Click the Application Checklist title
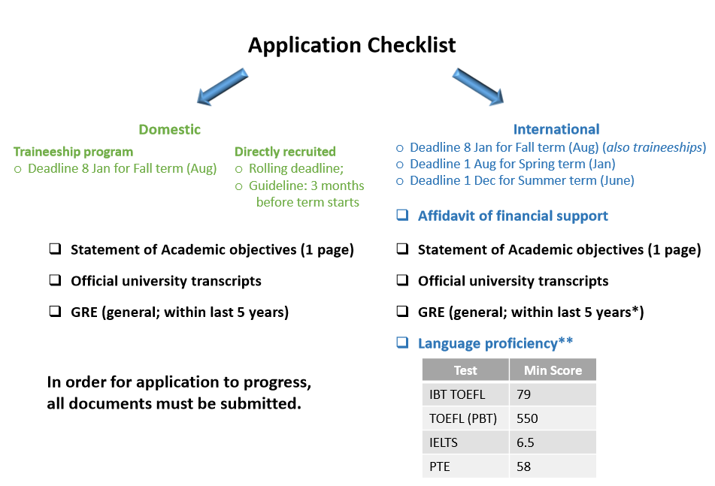[x=352, y=46]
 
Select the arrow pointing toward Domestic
[x=222, y=87]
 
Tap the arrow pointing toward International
[x=478, y=87]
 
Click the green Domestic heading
[x=170, y=129]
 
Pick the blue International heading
[x=556, y=129]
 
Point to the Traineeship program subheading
[x=74, y=152]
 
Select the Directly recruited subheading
[x=285, y=152]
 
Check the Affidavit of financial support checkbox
[x=402, y=215]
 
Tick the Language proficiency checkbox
[x=402, y=342]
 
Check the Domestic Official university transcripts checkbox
[x=55, y=279]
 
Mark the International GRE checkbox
[x=402, y=311]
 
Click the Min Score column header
[x=553, y=370]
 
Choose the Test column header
[x=465, y=370]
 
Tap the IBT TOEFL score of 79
[x=523, y=394]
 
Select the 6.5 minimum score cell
[x=526, y=442]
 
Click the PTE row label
[x=440, y=466]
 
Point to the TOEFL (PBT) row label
[x=463, y=418]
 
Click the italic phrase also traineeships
[x=654, y=147]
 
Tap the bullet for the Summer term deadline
[x=400, y=181]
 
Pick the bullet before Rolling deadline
[x=238, y=170]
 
